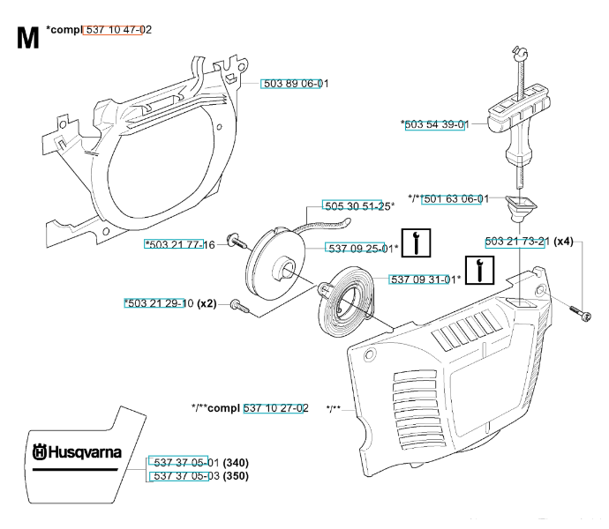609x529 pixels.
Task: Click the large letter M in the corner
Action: click(27, 39)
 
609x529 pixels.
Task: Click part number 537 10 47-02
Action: click(117, 30)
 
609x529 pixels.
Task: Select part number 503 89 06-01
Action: click(295, 83)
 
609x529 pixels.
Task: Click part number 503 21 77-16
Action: click(180, 244)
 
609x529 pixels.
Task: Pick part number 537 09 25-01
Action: click(361, 248)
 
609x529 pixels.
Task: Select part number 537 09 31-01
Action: click(424, 279)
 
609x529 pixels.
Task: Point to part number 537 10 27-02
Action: click(275, 407)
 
